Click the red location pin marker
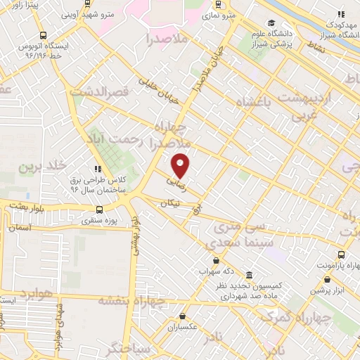[181, 165]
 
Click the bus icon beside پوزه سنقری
[98, 209]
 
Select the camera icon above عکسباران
[183, 316]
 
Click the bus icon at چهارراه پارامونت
[341, 255]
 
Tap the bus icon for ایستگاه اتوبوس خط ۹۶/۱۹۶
[44, 35]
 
